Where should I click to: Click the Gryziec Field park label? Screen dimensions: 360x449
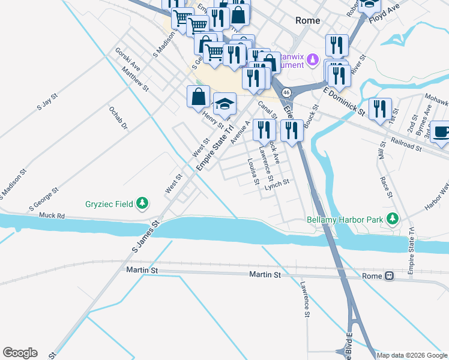107,204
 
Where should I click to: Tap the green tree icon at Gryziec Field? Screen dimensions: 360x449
142,204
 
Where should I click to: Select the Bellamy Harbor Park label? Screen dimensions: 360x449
345,219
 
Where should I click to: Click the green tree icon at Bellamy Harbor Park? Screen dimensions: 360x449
393,219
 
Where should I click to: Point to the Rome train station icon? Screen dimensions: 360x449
389,276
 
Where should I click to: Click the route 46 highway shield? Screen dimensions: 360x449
287,92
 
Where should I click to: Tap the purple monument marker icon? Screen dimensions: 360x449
312,60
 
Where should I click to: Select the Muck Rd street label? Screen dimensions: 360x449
52,215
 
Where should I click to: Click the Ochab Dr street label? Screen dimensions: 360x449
118,118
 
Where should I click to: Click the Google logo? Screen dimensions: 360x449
20,353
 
